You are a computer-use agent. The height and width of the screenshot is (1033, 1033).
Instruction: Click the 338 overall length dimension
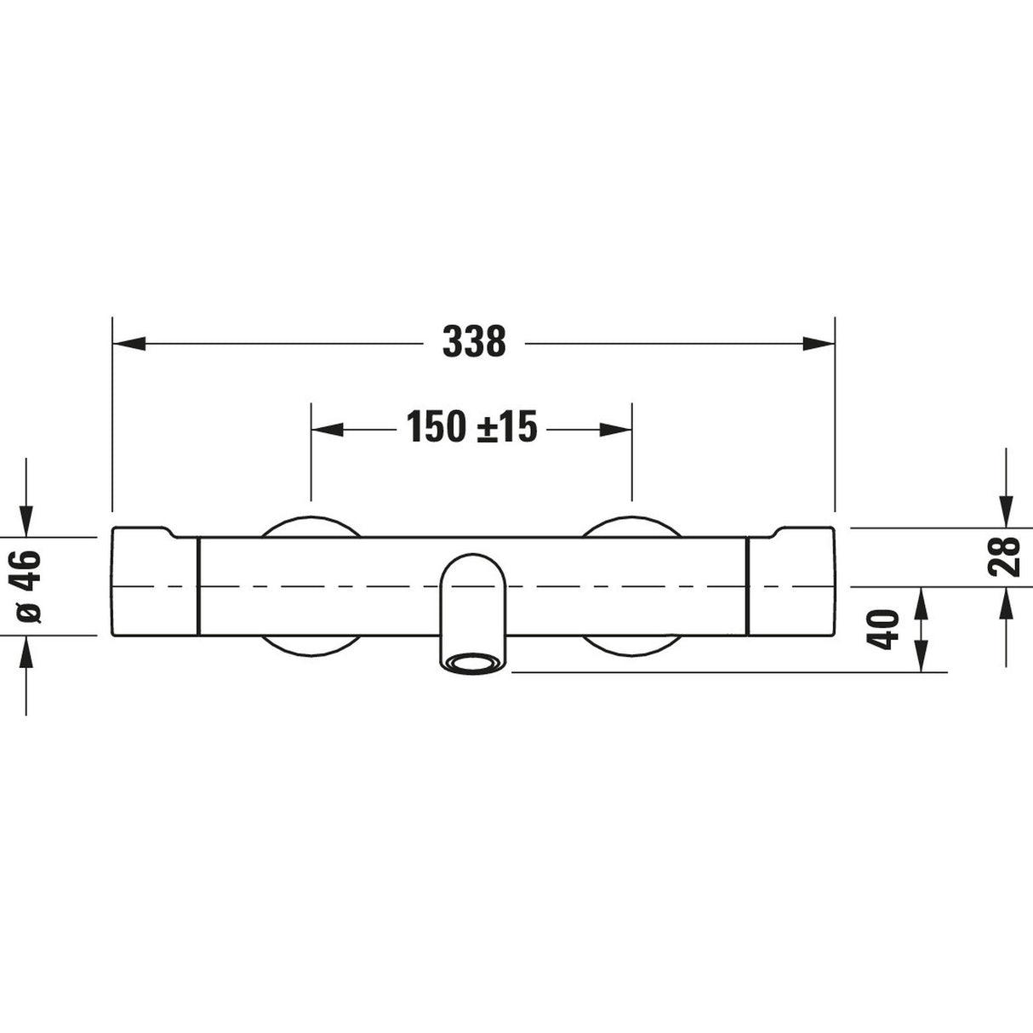click(474, 341)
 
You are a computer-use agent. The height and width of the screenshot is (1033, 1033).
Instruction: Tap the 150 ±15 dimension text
click(471, 427)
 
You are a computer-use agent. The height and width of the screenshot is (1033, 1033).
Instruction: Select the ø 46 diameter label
click(28, 586)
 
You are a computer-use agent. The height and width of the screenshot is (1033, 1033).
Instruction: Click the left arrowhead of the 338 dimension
click(129, 344)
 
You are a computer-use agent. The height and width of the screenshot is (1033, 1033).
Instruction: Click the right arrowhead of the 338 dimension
click(819, 344)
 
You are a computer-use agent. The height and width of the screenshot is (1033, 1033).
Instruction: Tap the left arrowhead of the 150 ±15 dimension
click(328, 430)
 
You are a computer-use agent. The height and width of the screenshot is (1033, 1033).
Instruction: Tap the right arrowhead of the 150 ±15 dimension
click(616, 430)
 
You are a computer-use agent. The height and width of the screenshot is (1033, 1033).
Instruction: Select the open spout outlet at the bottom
click(473, 663)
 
